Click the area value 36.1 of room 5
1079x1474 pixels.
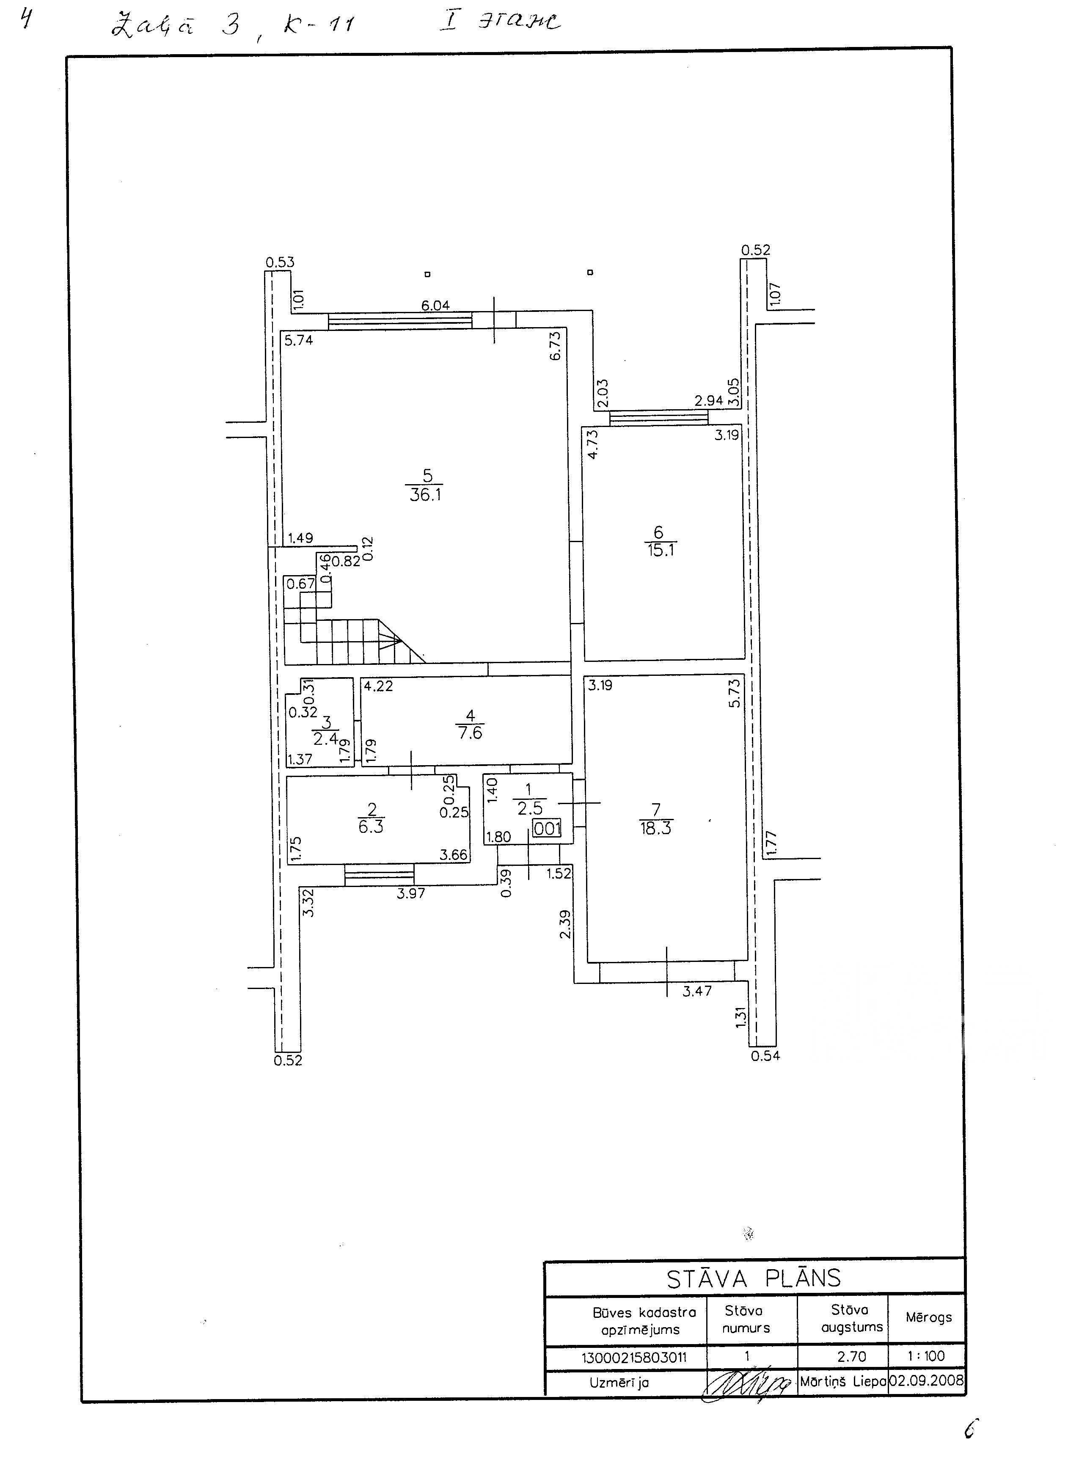point(425,495)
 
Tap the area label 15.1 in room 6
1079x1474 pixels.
point(661,550)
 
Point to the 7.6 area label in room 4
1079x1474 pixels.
point(470,733)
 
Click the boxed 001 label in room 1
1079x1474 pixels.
point(548,829)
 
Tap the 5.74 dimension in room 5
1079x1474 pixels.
point(298,339)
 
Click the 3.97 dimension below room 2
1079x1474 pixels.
point(411,893)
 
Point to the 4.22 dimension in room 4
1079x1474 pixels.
point(379,686)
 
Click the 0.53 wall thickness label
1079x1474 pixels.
point(280,262)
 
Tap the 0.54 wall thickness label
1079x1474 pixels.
point(765,1056)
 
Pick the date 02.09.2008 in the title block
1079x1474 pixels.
point(926,1380)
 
